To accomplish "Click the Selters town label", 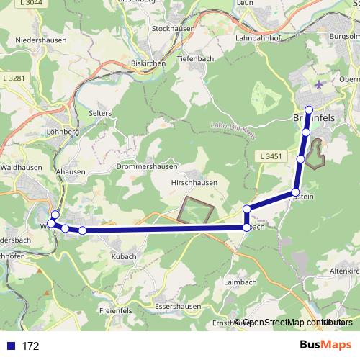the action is [x=101, y=113].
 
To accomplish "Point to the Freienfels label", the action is [x=115, y=311].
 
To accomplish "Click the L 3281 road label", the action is [x=14, y=78].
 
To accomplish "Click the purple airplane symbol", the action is [x=319, y=85].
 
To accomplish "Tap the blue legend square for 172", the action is [x=10, y=346].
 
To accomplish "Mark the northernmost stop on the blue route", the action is [x=309, y=109].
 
